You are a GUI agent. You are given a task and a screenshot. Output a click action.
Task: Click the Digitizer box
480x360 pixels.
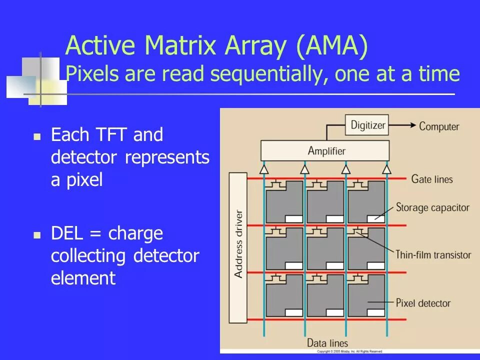pos(367,125)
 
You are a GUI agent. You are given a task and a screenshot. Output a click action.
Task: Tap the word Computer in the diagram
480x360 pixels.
pos(439,126)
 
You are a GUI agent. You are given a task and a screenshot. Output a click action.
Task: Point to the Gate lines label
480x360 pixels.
pos(432,178)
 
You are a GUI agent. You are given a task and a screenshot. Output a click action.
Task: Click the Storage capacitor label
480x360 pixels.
pos(432,207)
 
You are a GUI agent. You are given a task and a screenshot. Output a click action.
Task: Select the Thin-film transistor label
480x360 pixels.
pos(433,254)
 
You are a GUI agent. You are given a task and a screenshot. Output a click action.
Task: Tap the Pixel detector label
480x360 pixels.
pos(423,303)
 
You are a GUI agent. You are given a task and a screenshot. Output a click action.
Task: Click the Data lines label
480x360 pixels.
pos(327,343)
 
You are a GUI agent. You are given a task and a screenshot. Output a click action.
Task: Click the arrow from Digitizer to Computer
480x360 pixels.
pos(402,125)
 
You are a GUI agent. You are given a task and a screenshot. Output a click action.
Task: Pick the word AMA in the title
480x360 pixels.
pos(331,46)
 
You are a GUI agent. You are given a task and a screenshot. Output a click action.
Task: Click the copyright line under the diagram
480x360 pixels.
pos(350,351)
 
